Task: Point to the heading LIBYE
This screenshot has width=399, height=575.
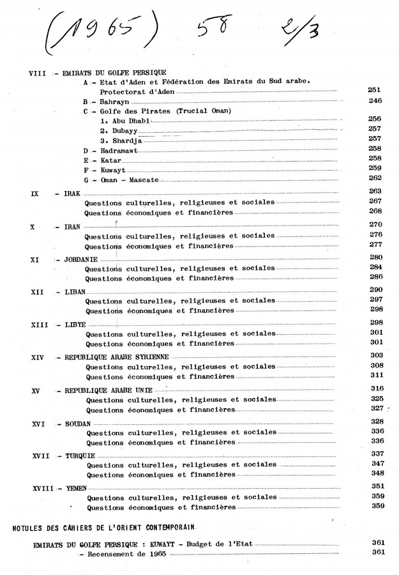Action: (x=75, y=324)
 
